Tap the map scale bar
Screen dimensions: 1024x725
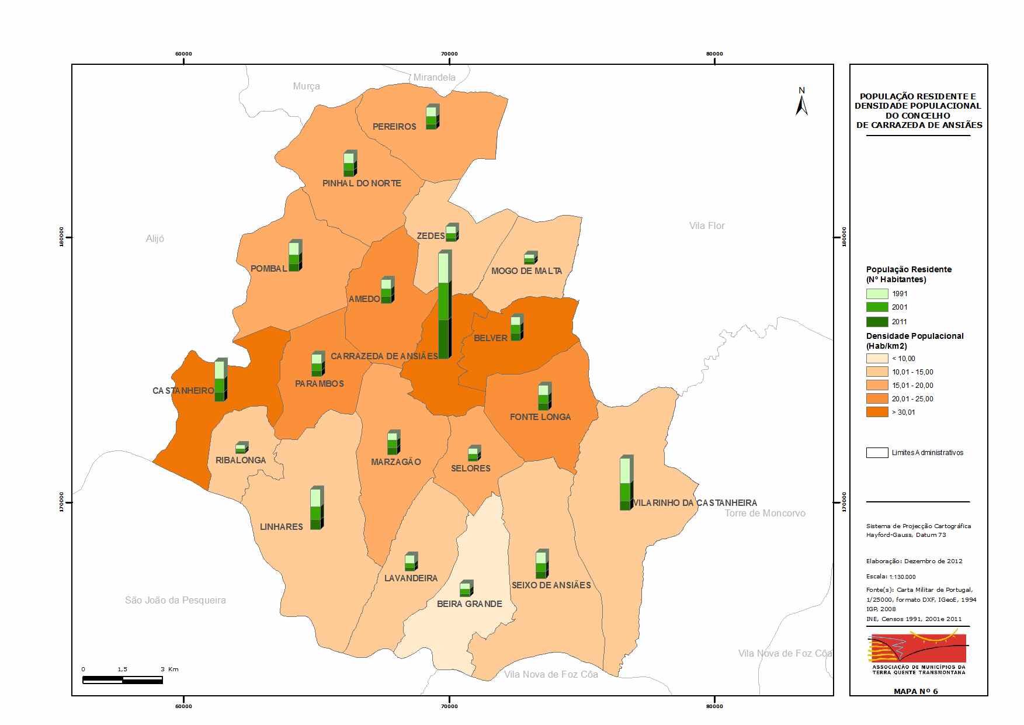(x=123, y=679)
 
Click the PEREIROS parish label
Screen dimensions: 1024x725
(x=394, y=126)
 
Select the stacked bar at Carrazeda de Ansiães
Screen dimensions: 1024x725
(x=445, y=304)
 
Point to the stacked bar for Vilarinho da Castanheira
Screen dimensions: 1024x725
(x=627, y=483)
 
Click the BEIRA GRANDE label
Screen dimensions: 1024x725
(x=470, y=603)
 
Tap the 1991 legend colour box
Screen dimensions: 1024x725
(x=877, y=294)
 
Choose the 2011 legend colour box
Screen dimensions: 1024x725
(x=877, y=321)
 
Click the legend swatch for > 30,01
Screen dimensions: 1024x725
(x=877, y=412)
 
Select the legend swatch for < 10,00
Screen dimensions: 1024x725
(x=877, y=358)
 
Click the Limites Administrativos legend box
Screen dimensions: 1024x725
(x=877, y=452)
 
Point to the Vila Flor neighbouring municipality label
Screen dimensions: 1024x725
(x=707, y=226)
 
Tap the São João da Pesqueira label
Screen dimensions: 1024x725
(x=175, y=600)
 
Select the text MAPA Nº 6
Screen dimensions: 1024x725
(x=915, y=691)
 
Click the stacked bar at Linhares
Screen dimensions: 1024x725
(x=317, y=508)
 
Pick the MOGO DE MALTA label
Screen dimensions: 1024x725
(x=526, y=270)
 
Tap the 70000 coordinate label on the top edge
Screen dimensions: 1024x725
(x=449, y=54)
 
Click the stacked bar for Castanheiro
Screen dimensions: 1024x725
(x=221, y=380)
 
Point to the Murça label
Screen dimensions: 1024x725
(x=306, y=86)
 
